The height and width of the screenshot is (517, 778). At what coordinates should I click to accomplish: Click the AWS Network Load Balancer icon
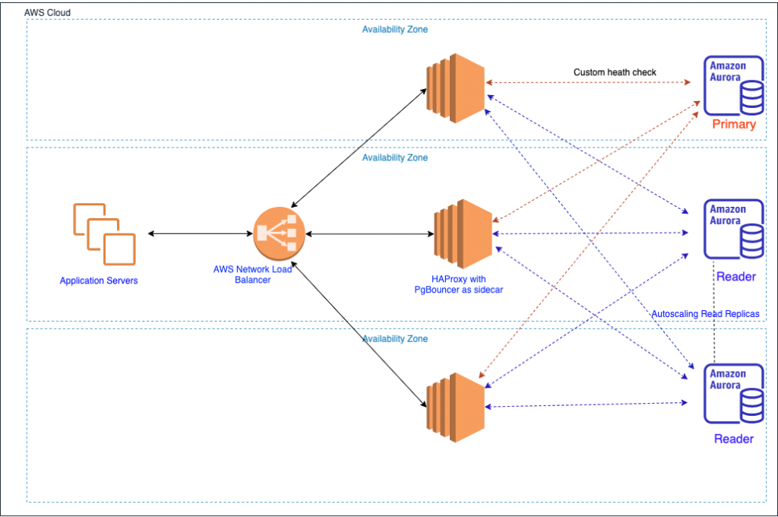(279, 233)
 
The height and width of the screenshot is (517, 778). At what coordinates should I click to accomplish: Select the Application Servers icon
(105, 234)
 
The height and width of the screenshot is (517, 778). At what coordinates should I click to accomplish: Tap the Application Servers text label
(99, 281)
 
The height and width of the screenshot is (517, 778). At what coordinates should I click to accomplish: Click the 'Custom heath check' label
(615, 72)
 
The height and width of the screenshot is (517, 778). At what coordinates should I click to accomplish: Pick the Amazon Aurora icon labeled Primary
(734, 85)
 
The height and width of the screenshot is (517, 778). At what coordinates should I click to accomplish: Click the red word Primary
(734, 124)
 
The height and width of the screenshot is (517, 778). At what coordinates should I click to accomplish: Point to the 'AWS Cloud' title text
(47, 12)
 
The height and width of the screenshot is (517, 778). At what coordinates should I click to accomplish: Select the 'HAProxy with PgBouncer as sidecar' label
(458, 284)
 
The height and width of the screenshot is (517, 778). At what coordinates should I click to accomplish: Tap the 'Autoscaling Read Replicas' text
(705, 314)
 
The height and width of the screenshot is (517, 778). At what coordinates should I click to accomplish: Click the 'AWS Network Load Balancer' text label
(252, 274)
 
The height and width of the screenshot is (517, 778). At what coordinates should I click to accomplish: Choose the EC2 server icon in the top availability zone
(455, 88)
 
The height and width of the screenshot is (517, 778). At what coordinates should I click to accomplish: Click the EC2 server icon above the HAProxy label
(463, 234)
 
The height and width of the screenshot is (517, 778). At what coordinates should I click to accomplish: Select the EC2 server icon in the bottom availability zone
(455, 408)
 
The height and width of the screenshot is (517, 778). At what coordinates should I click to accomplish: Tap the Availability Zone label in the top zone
(395, 30)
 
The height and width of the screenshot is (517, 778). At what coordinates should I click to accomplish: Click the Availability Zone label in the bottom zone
(395, 338)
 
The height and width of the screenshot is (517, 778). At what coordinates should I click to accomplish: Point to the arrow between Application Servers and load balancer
(201, 233)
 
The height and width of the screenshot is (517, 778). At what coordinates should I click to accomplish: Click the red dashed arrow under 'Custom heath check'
(588, 82)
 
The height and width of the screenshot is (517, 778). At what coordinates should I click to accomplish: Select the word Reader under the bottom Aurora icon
(734, 439)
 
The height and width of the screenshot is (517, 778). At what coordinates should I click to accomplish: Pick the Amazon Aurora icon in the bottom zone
(734, 393)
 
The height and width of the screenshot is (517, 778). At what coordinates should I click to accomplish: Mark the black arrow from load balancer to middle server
(370, 234)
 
